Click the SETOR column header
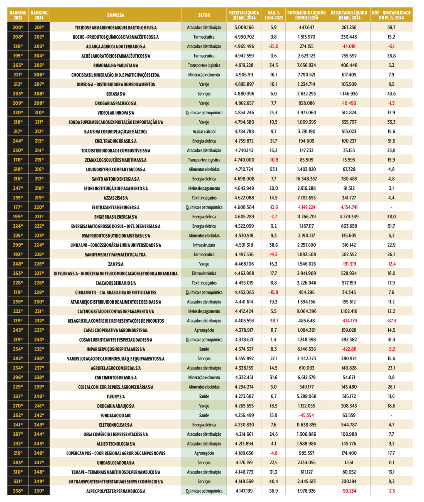(204, 15)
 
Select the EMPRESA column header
(116, 15)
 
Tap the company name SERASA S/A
(116, 94)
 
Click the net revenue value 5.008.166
(244, 28)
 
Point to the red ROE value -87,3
(391, 321)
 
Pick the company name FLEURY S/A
(116, 397)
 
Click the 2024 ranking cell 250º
(39, 491)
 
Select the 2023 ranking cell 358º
(18, 491)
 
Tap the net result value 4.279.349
(349, 217)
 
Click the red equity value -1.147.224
(306, 207)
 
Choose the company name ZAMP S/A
(116, 264)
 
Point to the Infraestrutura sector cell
(204, 245)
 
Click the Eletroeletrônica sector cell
(204, 274)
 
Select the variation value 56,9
(273, 491)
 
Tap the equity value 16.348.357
(306, 179)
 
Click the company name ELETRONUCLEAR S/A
(116, 425)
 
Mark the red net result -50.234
(349, 491)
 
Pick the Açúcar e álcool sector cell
(204, 132)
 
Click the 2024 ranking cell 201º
(39, 28)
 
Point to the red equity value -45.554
(306, 416)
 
